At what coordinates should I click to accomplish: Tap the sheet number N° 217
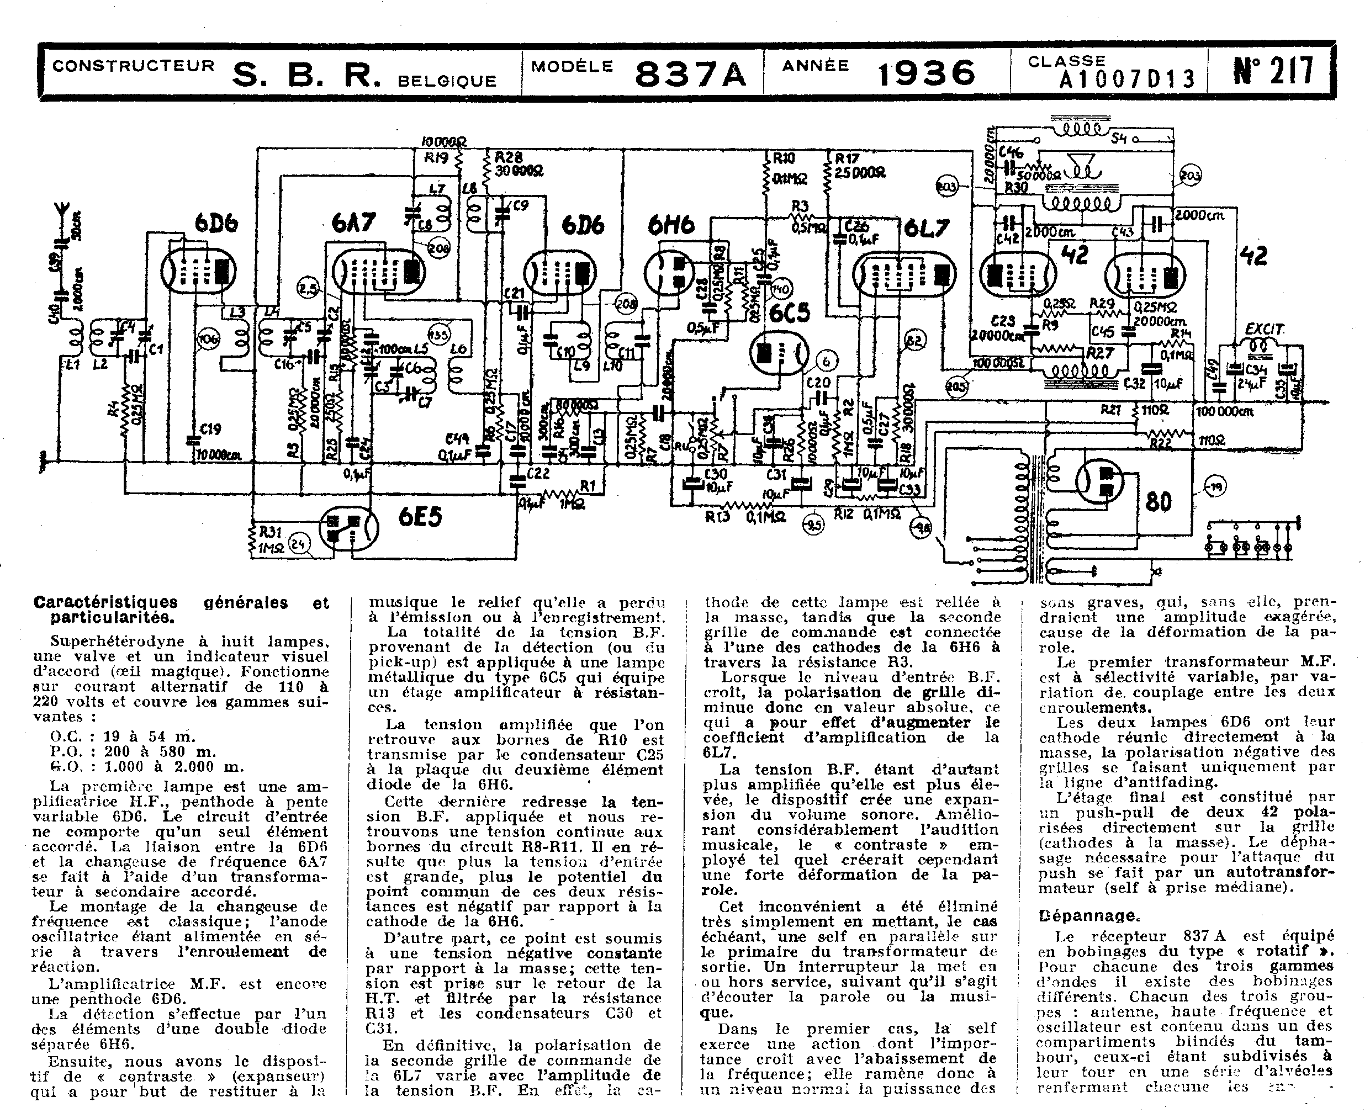click(x=1273, y=71)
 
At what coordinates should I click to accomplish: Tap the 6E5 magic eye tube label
click(x=420, y=516)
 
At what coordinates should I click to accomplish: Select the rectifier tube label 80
click(x=1158, y=501)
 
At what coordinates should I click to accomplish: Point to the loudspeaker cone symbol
click(x=1083, y=168)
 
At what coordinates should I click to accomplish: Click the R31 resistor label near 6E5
click(x=270, y=532)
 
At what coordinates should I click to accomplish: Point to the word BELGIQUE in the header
click(x=447, y=81)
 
